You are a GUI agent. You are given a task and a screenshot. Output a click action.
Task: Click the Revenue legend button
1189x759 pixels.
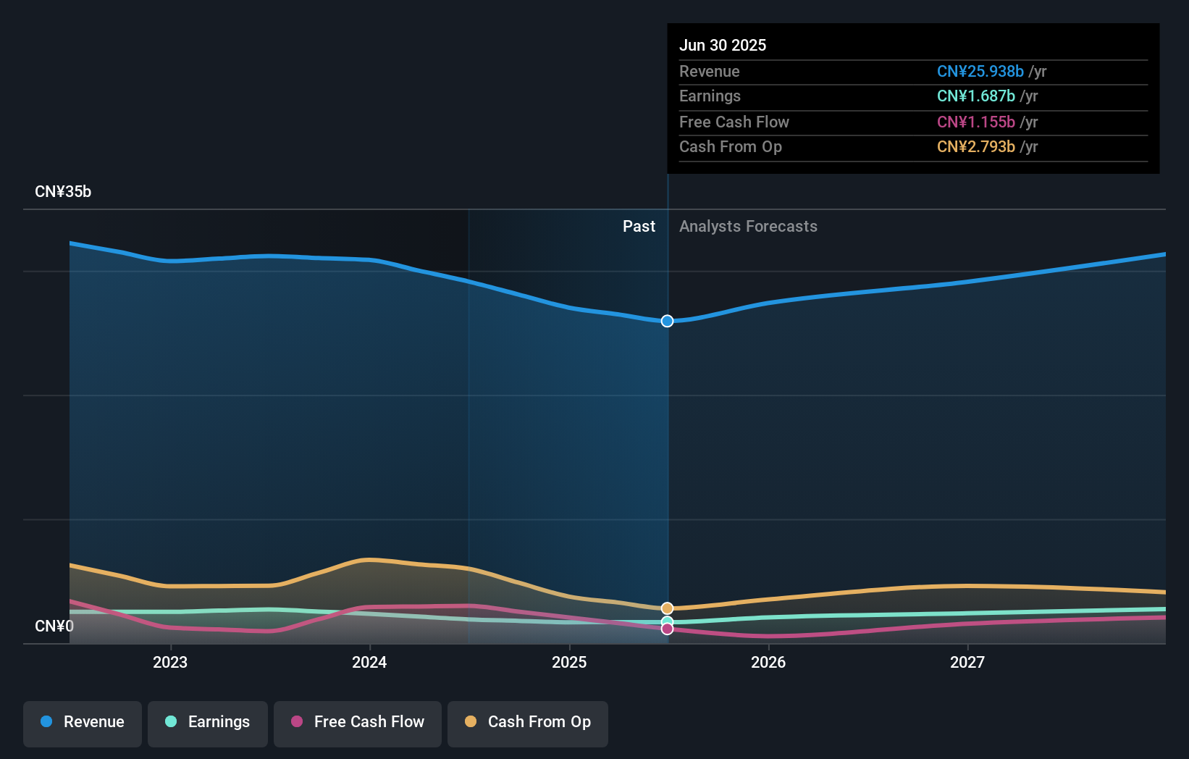(83, 722)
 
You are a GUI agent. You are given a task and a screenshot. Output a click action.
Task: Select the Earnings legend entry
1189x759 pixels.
(208, 722)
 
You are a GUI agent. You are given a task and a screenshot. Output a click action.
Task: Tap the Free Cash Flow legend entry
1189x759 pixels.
(358, 722)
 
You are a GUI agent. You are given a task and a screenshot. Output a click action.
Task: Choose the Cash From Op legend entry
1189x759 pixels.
(528, 722)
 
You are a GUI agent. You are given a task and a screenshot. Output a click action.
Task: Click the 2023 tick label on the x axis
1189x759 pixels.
(170, 662)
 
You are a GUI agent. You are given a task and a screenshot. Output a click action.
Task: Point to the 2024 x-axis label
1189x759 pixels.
(369, 662)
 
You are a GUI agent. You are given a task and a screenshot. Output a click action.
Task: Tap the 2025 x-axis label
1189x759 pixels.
(569, 662)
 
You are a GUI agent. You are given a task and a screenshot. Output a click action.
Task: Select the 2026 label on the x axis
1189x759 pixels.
(768, 662)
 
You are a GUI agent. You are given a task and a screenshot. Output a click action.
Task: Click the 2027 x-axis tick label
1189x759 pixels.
(967, 662)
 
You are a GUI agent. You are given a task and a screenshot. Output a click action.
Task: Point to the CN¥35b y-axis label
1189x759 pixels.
(63, 192)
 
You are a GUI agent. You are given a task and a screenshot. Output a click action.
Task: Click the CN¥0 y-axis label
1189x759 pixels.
(54, 626)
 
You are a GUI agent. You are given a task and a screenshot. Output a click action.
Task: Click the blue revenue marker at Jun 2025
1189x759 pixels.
(667, 321)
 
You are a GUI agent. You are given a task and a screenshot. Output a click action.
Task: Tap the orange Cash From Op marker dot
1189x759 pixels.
(667, 608)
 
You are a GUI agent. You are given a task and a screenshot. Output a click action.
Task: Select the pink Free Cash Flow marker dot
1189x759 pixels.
(667, 629)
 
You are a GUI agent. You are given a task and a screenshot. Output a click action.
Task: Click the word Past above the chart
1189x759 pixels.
(639, 227)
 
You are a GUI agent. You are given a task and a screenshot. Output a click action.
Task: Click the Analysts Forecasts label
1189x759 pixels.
(748, 227)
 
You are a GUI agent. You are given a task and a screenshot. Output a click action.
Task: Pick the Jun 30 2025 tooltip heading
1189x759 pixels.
(723, 45)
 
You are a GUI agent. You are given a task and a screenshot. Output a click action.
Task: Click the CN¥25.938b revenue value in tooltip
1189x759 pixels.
(980, 71)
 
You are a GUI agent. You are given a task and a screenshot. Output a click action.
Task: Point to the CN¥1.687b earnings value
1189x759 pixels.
(975, 96)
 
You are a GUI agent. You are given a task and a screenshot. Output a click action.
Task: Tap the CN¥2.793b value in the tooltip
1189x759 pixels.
(975, 147)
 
